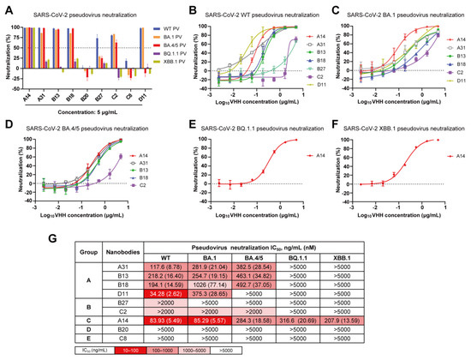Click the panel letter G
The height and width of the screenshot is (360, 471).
click(8, 236)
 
